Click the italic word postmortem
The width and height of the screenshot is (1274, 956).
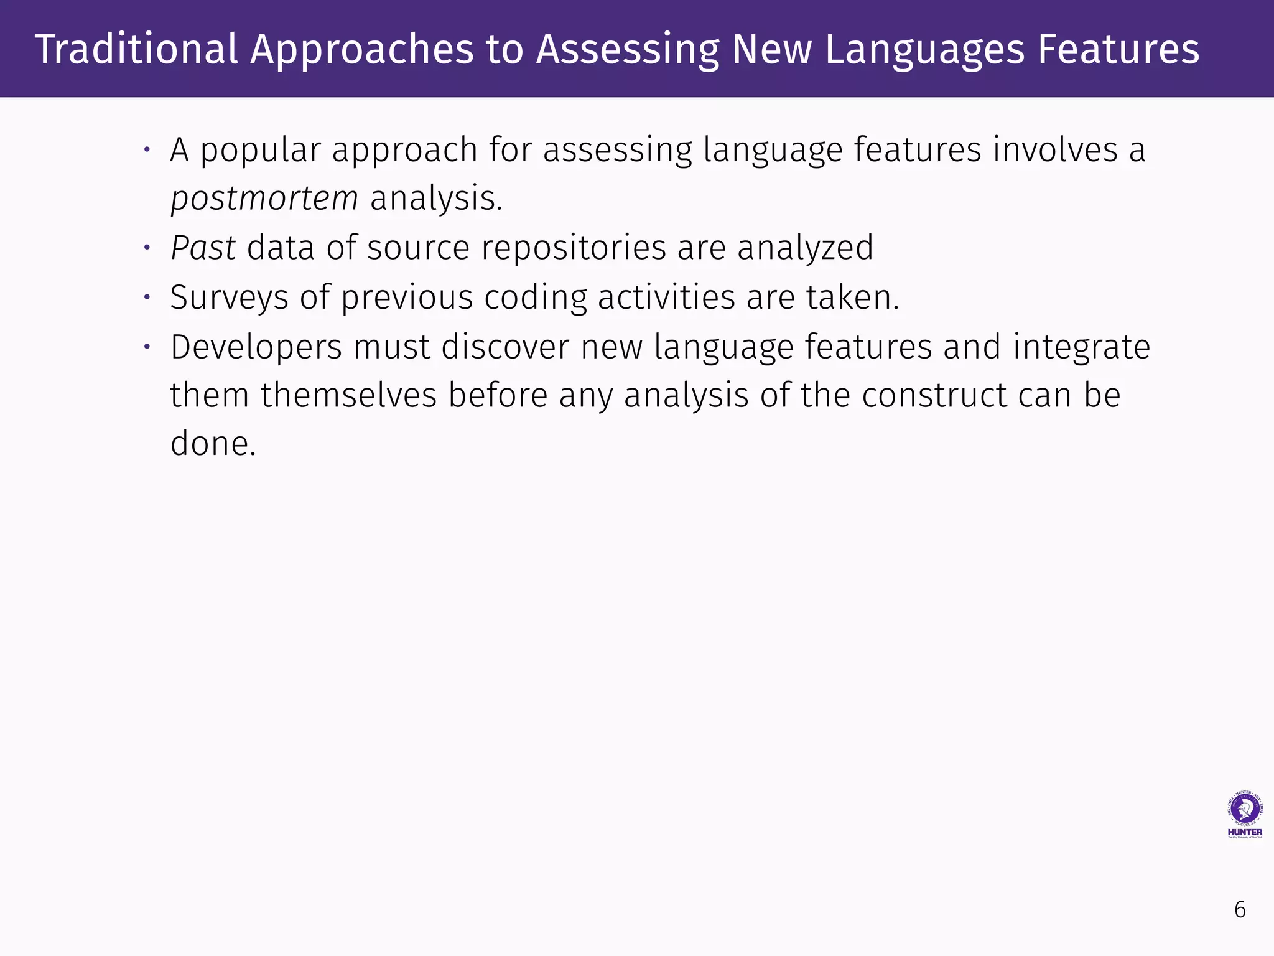tap(264, 199)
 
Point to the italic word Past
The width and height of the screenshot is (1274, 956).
tap(203, 248)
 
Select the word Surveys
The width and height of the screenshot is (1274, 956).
tap(229, 298)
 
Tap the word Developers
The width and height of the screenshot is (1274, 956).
tap(256, 347)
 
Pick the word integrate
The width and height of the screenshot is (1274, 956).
tap(1081, 347)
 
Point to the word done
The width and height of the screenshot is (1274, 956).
tap(213, 444)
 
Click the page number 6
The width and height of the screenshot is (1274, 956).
tap(1240, 910)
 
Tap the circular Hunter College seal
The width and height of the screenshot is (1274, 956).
tap(1245, 808)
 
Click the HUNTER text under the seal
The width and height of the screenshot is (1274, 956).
tap(1245, 832)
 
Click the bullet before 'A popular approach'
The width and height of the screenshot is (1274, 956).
tap(147, 150)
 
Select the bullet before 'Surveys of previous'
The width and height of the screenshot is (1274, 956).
tap(147, 298)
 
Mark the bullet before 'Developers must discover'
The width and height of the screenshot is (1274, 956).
tap(147, 347)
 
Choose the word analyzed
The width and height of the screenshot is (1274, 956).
tap(805, 248)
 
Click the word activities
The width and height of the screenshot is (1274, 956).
tap(666, 298)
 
